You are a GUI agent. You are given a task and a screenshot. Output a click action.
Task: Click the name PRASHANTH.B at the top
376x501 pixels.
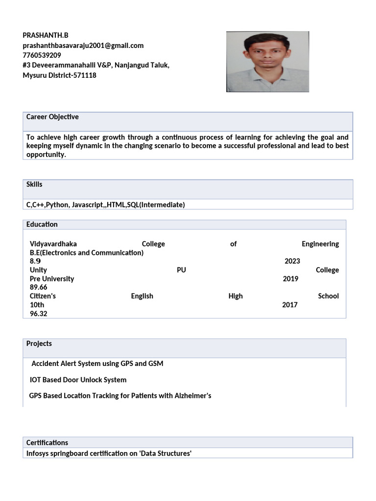point(46,35)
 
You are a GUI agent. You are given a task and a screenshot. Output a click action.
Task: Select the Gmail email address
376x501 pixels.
point(83,46)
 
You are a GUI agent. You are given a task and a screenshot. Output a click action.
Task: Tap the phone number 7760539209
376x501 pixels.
point(42,55)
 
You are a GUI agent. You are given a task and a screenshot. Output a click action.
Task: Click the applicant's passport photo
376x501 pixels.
point(267,62)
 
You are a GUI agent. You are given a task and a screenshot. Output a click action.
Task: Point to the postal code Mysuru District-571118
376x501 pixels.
point(60,75)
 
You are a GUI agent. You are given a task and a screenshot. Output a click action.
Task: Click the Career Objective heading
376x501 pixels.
point(52,117)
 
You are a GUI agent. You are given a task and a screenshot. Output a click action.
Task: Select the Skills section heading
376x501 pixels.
point(34,184)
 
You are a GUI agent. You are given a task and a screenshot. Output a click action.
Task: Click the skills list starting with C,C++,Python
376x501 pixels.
point(106,205)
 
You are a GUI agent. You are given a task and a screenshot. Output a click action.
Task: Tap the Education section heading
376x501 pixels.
point(42,225)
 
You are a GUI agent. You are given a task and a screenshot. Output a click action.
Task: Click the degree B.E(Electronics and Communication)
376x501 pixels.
point(87,252)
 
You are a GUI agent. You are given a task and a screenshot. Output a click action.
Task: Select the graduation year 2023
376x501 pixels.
point(292,261)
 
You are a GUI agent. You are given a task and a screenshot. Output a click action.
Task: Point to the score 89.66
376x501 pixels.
point(39,287)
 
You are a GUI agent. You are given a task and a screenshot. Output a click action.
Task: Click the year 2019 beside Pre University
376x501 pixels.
point(290,279)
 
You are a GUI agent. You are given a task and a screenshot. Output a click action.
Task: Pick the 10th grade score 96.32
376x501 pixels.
point(39,314)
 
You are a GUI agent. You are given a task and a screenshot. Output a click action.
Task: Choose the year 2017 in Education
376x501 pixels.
point(290,305)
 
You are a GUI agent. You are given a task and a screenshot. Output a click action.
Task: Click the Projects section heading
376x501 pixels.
point(39,344)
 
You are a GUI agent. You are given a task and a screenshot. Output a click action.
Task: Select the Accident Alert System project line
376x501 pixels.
point(97,364)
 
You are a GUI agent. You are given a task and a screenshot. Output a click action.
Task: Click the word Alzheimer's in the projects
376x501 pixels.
point(193,395)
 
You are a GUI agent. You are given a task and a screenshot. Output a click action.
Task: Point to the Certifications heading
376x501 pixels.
point(47,443)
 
